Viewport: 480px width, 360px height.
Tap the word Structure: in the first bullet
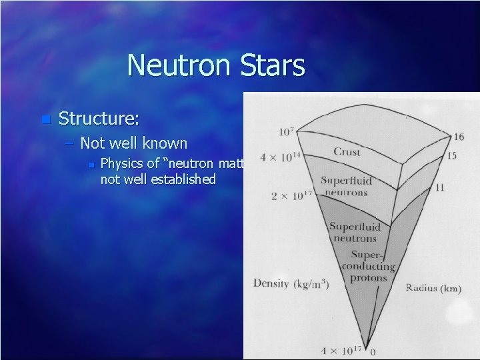99,119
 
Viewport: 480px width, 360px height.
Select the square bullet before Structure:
45,120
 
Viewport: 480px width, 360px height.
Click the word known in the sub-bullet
166,143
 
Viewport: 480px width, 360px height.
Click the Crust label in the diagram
347,152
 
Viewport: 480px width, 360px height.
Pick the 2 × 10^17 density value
291,196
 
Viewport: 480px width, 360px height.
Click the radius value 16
459,137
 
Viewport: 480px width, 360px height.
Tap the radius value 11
439,188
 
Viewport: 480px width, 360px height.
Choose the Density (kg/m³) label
291,283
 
